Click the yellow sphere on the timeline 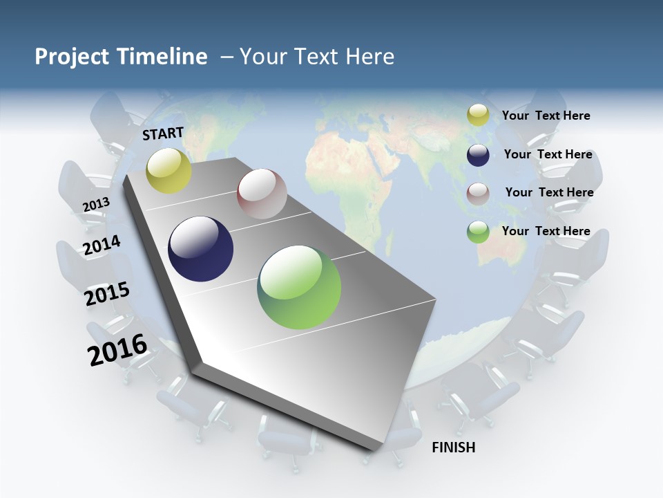(169, 170)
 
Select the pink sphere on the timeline (262, 194)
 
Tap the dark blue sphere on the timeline (201, 249)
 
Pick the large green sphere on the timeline (299, 287)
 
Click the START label (163, 133)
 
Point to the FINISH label (454, 448)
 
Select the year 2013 (96, 205)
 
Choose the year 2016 (117, 350)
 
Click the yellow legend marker (478, 116)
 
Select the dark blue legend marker (478, 155)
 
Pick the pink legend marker (478, 194)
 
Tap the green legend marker (478, 232)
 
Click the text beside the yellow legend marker (546, 116)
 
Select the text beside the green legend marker (546, 231)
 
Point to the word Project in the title (70, 57)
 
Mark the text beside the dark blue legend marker (548, 154)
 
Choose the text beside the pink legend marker (549, 192)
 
